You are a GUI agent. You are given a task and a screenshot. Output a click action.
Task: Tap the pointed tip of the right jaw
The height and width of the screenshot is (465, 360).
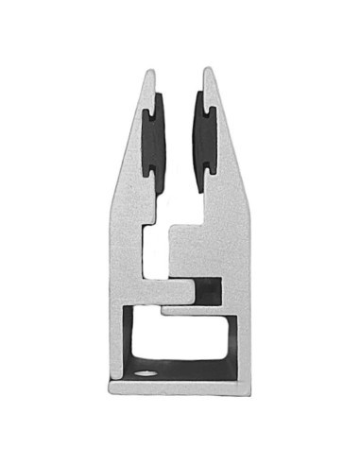pos(207,70)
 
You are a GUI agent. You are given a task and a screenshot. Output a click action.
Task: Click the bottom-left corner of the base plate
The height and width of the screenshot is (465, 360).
pos(111,389)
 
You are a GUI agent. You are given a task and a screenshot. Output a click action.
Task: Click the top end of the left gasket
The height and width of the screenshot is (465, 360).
pos(154,95)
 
